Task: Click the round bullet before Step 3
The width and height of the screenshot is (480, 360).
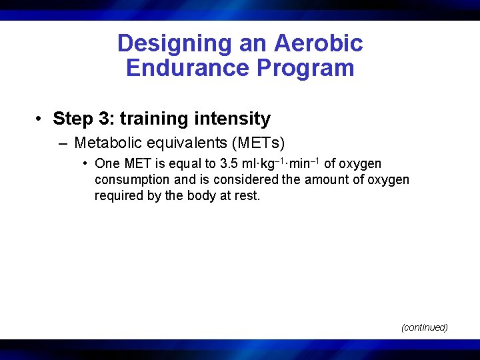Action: (x=41, y=119)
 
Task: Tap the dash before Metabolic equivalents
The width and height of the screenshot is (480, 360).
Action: (x=63, y=143)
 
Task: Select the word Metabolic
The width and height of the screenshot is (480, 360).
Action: (x=107, y=143)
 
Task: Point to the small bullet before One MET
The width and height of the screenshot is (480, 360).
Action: (x=86, y=163)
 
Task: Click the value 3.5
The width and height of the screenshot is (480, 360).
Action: (x=229, y=164)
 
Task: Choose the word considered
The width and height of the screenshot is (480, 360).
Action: (x=243, y=180)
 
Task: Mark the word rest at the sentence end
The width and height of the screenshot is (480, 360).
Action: (x=247, y=196)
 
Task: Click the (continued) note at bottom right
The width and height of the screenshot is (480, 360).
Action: (x=424, y=327)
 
